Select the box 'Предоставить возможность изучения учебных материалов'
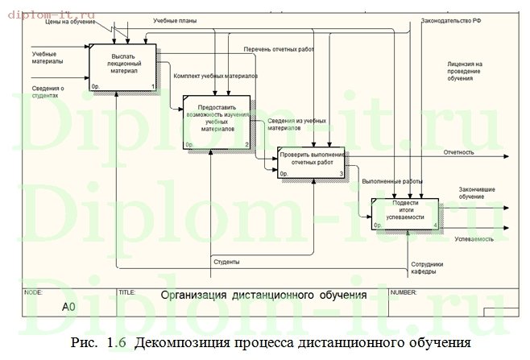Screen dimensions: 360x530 click(215, 122)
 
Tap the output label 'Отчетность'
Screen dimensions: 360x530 click(458, 151)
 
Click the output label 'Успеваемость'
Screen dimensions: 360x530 click(474, 240)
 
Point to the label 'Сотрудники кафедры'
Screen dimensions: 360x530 click(427, 268)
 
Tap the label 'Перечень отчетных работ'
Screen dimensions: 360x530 click(278, 50)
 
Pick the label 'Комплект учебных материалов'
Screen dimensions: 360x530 click(215, 76)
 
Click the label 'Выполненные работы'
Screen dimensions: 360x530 click(393, 181)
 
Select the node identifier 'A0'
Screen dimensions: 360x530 click(68, 307)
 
